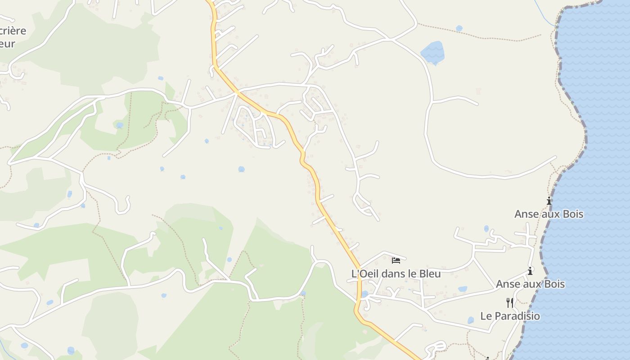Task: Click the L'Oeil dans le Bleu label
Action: pos(396,274)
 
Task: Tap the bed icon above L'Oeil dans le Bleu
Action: pos(396,260)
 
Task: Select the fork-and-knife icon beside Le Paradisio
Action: pos(510,302)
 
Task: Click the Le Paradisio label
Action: pos(510,316)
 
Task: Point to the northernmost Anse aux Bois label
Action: pos(549,214)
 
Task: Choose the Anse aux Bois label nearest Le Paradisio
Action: pos(530,284)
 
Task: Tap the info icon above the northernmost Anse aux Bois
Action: pos(549,201)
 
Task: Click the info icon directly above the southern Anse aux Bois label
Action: pos(530,271)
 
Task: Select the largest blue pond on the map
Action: pos(433,52)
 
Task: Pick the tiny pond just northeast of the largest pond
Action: pos(459,28)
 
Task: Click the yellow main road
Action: pos(317,189)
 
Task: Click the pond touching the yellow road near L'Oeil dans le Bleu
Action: pos(364,294)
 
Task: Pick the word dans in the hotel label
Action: pos(396,274)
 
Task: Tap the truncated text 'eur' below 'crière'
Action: pos(7,44)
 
